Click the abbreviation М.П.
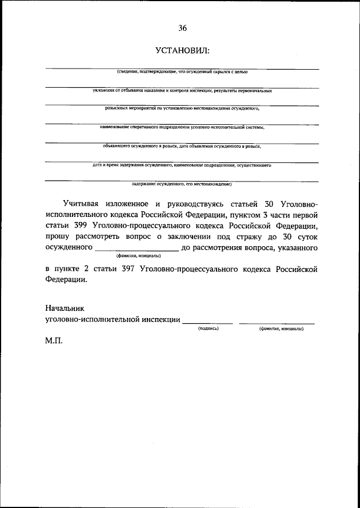pyautogui.click(x=55, y=341)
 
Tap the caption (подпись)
pyautogui.click(x=208, y=329)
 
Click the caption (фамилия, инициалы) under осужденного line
pyautogui.click(x=137, y=256)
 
